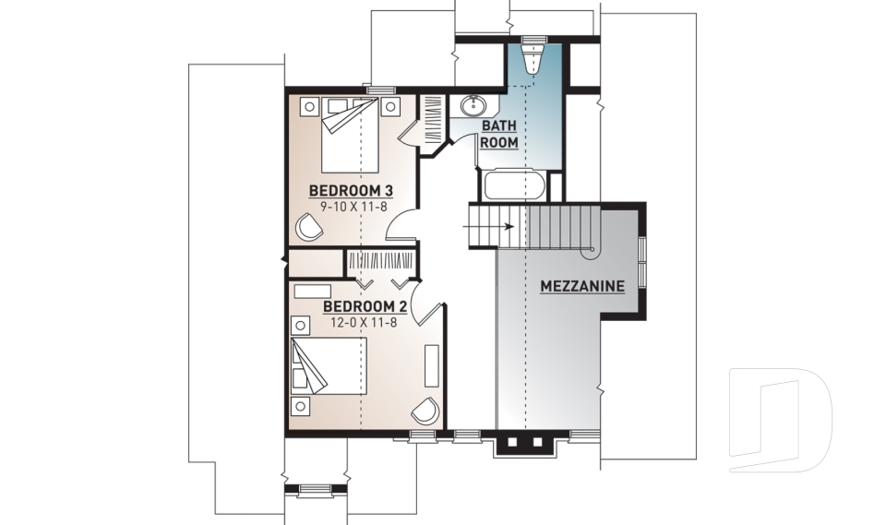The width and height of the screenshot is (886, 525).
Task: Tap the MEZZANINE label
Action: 581,286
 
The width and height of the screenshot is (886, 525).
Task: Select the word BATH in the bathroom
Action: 497,125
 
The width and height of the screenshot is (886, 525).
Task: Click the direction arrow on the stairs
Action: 502,224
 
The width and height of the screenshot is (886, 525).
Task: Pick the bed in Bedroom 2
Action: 329,366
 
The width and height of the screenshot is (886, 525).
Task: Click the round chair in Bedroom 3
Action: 309,226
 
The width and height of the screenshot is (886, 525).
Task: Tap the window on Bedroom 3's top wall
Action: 376,89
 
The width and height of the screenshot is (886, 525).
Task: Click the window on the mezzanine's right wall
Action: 642,262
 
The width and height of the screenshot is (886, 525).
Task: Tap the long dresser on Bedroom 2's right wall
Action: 431,365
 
